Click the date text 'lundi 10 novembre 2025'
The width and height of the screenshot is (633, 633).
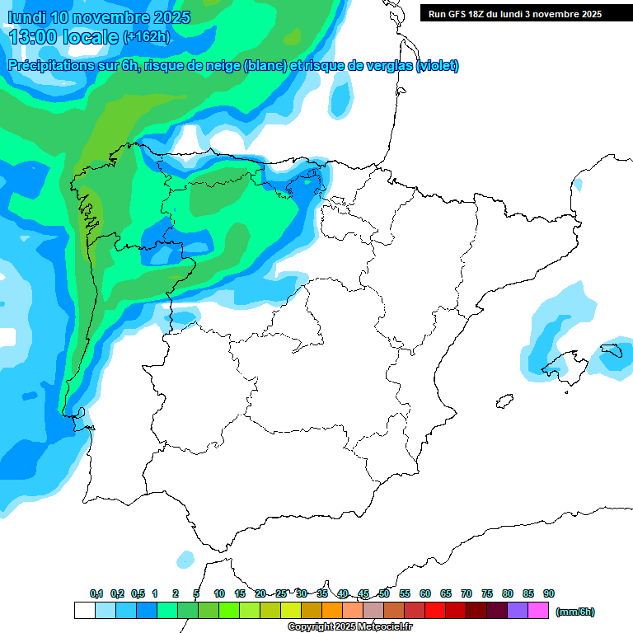point(99,17)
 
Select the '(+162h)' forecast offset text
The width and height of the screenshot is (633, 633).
point(146,36)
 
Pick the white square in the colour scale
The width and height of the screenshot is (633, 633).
point(84,611)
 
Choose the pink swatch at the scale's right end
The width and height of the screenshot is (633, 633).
point(538,611)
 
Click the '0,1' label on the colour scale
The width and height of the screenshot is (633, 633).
point(96,594)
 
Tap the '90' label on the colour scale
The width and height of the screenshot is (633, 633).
point(549,594)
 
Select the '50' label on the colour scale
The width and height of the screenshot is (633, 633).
point(384,594)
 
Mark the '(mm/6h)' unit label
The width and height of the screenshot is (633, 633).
point(575,612)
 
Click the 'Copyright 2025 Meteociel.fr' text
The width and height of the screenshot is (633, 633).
point(349,626)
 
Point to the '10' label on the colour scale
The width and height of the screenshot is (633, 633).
point(219,594)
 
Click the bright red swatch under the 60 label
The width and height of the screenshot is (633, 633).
point(435,611)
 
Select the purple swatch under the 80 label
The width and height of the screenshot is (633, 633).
point(518,611)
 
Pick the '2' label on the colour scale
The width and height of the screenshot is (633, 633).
point(176,594)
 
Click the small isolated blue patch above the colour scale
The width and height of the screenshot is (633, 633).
point(185,558)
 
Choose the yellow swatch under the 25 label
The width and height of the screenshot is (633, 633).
point(290,611)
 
